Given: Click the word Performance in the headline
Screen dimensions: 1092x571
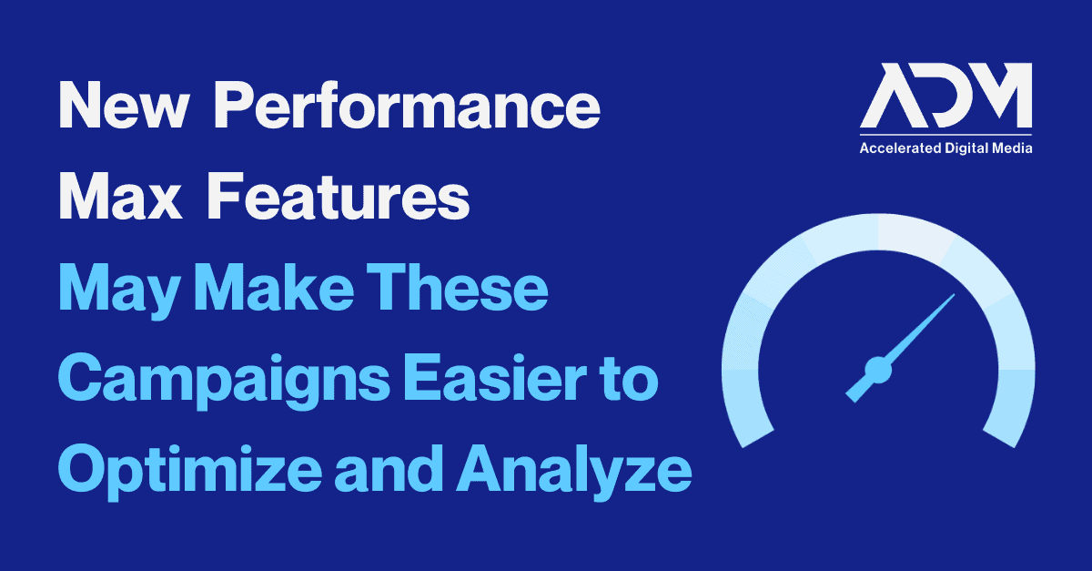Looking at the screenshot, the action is click(407, 105).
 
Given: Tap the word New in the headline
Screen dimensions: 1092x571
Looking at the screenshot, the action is click(124, 105).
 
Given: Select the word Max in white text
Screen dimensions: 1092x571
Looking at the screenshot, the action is click(120, 196).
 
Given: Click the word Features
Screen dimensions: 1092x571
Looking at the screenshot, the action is click(339, 196).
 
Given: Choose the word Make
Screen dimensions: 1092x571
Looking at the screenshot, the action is click(274, 287).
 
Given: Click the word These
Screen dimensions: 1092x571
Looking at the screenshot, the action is click(457, 287).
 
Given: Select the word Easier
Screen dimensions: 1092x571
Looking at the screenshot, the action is click(495, 378).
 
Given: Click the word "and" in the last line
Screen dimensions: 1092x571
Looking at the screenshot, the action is click(389, 468).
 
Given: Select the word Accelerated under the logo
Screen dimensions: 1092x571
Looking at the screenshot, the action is click(900, 148).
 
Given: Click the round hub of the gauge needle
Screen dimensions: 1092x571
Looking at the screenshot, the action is click(878, 371).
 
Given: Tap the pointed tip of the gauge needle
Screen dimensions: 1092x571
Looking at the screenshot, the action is click(955, 294).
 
